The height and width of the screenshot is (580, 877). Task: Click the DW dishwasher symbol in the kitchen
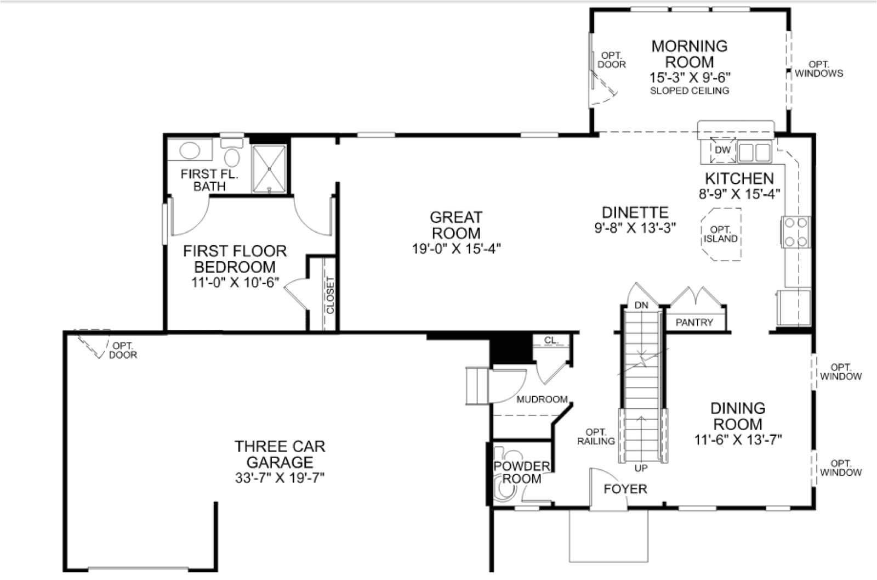pyautogui.click(x=722, y=150)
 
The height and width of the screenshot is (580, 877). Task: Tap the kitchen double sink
pyautogui.click(x=754, y=152)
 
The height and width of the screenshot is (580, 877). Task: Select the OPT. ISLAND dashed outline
pyautogui.click(x=721, y=234)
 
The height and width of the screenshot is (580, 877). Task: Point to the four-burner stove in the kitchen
pyautogui.click(x=796, y=232)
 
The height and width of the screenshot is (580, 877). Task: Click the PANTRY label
pyautogui.click(x=694, y=323)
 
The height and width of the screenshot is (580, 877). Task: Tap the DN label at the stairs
pyautogui.click(x=641, y=305)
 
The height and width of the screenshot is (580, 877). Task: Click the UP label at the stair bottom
pyautogui.click(x=641, y=468)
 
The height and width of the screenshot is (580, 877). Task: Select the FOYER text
pyautogui.click(x=625, y=488)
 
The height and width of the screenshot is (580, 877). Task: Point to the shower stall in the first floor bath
pyautogui.click(x=269, y=168)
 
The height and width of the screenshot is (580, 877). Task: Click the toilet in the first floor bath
pyautogui.click(x=232, y=154)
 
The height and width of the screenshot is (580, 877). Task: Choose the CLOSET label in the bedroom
pyautogui.click(x=330, y=295)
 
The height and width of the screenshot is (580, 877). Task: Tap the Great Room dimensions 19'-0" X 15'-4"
pyautogui.click(x=456, y=249)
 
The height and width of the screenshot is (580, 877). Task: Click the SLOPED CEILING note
pyautogui.click(x=689, y=91)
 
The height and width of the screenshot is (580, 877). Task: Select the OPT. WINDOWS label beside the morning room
pyautogui.click(x=819, y=69)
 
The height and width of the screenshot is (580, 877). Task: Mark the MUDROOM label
pyautogui.click(x=542, y=399)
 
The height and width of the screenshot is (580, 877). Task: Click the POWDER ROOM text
pyautogui.click(x=521, y=472)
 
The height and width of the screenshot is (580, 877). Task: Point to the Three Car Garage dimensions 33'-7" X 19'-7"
pyautogui.click(x=280, y=478)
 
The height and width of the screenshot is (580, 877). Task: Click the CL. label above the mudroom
pyautogui.click(x=551, y=341)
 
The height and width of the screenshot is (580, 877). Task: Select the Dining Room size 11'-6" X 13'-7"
pyautogui.click(x=738, y=439)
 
